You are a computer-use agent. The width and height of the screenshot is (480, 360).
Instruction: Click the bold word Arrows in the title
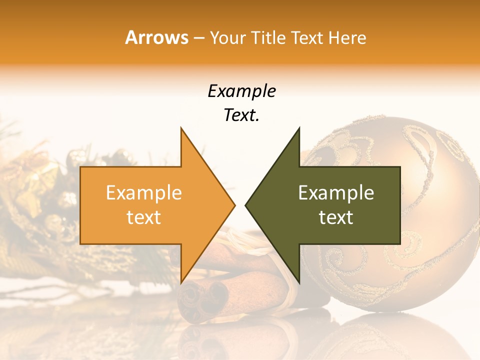[157, 37]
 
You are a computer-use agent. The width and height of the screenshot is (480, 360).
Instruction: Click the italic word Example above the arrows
[241, 91]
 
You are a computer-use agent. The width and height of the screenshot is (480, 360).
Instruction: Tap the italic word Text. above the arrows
[241, 115]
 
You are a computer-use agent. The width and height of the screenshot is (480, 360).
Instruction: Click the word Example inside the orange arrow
[143, 193]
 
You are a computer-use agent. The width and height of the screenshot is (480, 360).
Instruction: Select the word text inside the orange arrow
[143, 217]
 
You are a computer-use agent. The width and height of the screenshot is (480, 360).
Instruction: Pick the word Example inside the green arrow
[336, 193]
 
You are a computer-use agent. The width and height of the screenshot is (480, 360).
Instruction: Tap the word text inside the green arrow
[336, 217]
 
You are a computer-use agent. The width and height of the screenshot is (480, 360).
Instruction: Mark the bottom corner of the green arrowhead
[299, 282]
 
